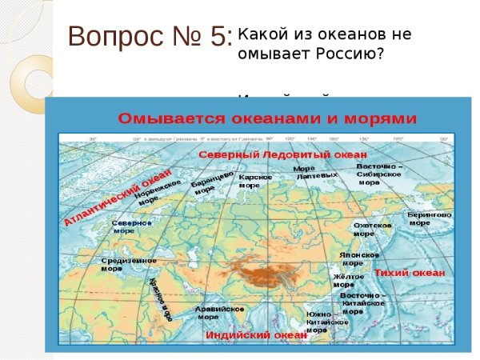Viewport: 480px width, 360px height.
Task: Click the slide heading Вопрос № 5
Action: (x=150, y=37)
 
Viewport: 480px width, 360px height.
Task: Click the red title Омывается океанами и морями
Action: (x=268, y=119)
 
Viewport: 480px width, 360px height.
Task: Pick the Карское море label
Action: (x=256, y=181)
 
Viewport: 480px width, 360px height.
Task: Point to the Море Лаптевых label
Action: (x=308, y=172)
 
